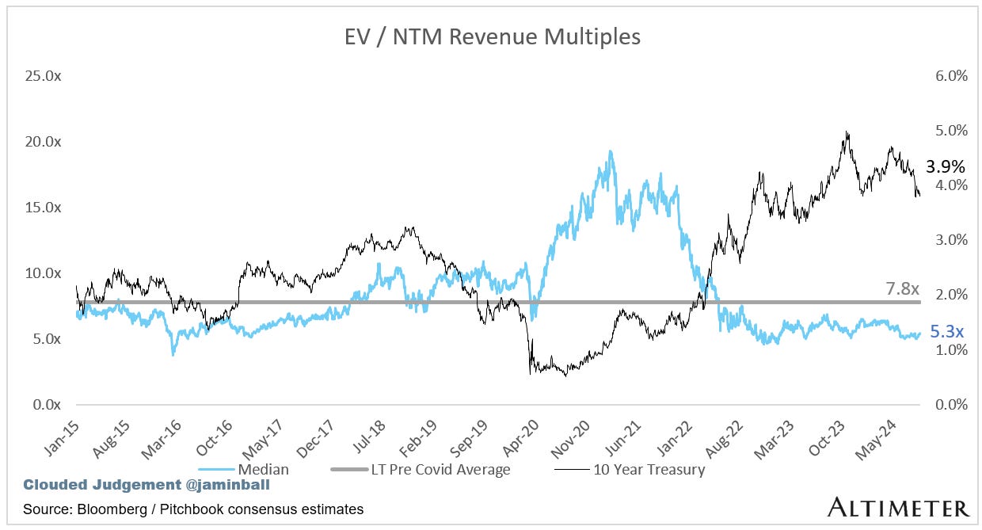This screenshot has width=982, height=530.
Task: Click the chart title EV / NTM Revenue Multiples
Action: (x=491, y=36)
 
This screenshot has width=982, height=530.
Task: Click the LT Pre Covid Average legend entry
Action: (x=440, y=469)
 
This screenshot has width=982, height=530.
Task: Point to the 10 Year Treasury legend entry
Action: (x=649, y=469)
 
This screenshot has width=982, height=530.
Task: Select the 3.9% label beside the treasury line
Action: (x=945, y=167)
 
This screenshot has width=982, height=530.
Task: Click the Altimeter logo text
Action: (x=898, y=508)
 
